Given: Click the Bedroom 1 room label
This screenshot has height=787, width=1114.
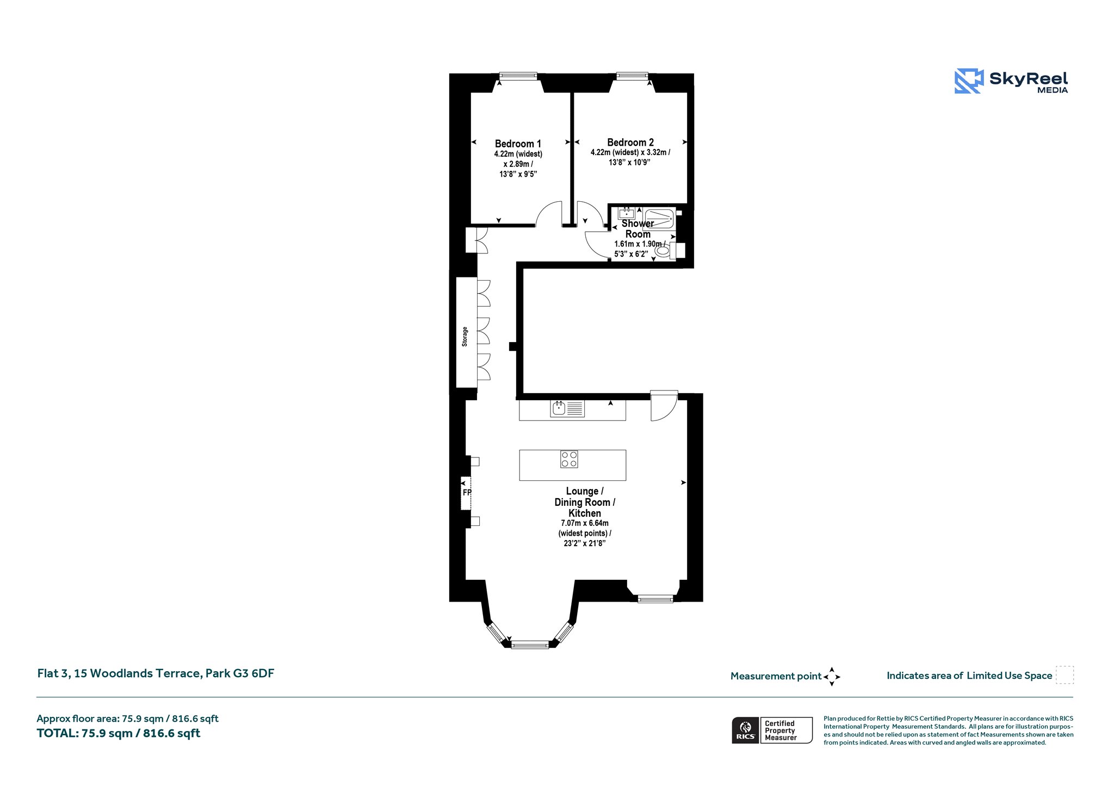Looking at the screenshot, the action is click(x=518, y=144).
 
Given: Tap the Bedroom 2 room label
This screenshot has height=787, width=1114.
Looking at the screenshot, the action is click(x=630, y=142).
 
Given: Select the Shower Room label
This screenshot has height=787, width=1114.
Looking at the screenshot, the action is click(x=638, y=229).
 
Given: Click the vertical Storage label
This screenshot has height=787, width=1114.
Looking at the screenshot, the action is click(x=465, y=337).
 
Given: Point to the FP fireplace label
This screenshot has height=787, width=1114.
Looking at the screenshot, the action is click(x=467, y=493).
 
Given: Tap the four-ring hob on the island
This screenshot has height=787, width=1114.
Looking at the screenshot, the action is click(x=570, y=459).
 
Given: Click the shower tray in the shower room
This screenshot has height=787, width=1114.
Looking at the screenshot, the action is click(x=659, y=219).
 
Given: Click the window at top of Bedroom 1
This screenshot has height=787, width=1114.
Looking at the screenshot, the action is click(x=518, y=76).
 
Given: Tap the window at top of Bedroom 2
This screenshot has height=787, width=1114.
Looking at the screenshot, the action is click(x=632, y=76).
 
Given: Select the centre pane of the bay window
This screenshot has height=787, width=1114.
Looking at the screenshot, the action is click(x=530, y=645).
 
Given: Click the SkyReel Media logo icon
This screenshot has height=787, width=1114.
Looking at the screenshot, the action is click(x=969, y=81).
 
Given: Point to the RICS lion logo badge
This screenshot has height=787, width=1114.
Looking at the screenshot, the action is click(x=746, y=730).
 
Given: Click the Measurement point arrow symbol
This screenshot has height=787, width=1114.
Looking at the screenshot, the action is click(x=832, y=677).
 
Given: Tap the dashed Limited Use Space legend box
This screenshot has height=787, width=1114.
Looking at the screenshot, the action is click(x=1065, y=675).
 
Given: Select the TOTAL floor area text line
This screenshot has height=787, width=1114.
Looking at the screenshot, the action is click(x=119, y=733).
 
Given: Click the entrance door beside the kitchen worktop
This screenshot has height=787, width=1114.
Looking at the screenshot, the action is click(x=664, y=405).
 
